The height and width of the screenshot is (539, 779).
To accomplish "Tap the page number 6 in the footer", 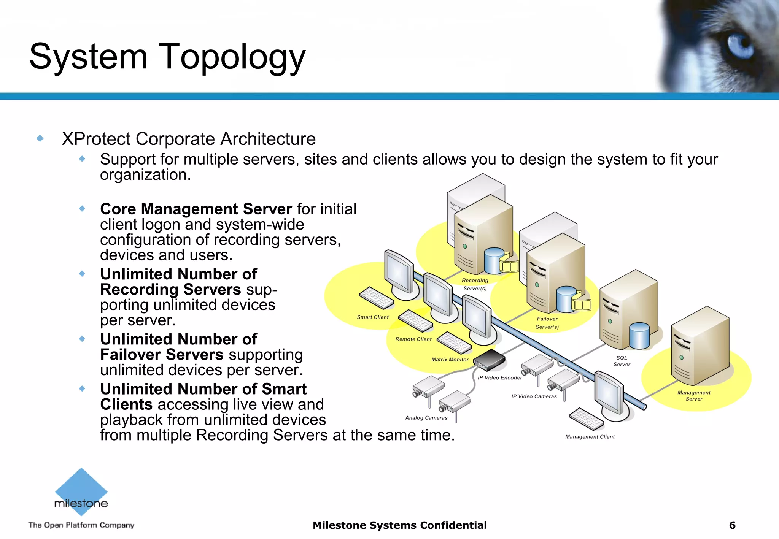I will tap(732, 525).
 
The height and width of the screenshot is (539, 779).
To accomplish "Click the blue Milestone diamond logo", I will tap(81, 490).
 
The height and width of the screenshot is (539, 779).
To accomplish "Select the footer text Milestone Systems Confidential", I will tap(399, 525).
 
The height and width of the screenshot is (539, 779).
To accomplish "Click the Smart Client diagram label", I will tap(373, 317).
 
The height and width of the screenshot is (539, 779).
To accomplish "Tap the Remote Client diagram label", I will tap(413, 339).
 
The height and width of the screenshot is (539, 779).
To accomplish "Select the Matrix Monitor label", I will tap(450, 360).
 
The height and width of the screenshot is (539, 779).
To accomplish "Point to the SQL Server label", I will tap(622, 361).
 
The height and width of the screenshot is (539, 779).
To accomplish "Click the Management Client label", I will tap(590, 437).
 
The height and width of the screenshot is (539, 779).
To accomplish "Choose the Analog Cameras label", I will tap(426, 418).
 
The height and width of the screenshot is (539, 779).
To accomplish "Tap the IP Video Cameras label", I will tap(534, 396).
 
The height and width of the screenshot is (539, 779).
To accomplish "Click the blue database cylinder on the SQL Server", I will tap(639, 336).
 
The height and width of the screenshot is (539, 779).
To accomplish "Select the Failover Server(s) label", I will tap(547, 323).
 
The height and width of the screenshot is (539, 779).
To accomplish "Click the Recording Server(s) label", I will tap(475, 284).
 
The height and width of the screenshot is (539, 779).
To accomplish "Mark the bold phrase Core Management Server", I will tap(196, 209).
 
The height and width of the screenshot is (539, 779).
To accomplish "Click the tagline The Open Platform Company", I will tap(81, 525).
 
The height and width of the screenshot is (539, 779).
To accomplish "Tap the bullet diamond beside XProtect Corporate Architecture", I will tap(40, 138).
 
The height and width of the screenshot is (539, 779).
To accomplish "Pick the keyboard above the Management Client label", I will tap(586, 419).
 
